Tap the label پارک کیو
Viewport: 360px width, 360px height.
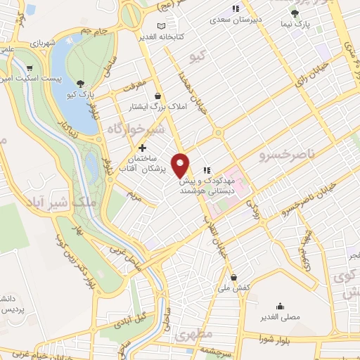tap(82, 94)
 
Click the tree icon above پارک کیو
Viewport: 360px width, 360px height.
tap(82, 83)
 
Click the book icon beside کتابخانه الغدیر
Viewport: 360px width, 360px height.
tap(163, 26)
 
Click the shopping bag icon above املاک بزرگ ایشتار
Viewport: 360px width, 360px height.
tap(157, 96)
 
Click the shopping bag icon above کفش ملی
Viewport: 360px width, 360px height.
tap(233, 277)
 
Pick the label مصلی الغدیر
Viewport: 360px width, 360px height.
tap(281, 317)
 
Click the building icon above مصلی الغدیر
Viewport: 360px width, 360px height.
tap(281, 306)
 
